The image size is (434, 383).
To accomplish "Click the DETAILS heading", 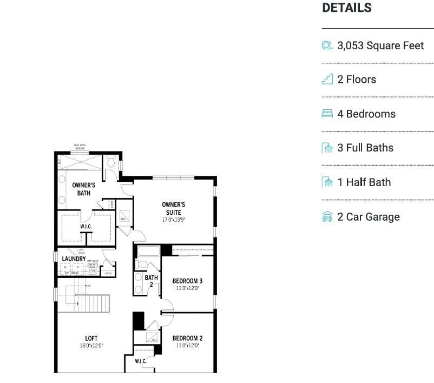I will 347,8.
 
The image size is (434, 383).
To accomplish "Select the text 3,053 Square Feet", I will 380,45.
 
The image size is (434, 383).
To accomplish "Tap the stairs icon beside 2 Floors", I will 327,80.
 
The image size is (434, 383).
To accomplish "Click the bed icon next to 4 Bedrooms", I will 327,114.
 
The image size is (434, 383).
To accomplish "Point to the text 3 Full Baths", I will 365,148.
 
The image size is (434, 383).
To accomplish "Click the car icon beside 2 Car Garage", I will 327,217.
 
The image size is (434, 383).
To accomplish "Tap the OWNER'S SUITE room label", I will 173,208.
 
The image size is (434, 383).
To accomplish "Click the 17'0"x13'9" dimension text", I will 173,220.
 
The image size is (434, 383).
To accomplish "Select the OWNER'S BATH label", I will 83,189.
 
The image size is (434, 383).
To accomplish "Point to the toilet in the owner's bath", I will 111,162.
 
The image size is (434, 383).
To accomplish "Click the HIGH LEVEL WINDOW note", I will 80,147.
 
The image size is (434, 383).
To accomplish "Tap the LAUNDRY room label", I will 74,259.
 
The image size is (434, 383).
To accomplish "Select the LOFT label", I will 91,338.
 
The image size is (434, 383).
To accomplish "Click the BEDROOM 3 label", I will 187,281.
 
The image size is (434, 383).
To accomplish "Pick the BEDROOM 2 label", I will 187,338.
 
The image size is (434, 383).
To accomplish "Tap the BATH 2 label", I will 151,280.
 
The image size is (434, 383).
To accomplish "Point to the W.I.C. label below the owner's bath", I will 86,227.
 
